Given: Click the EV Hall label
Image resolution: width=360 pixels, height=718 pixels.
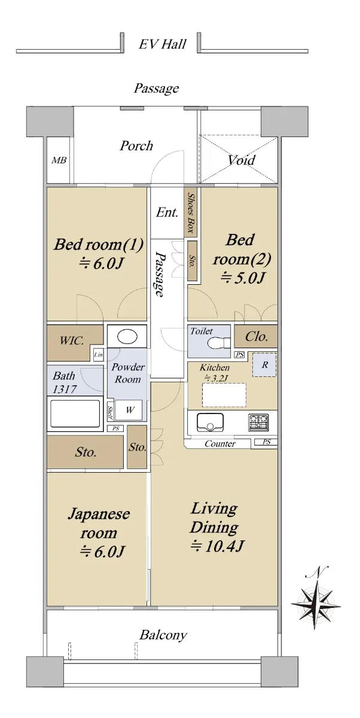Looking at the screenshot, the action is click(x=163, y=44).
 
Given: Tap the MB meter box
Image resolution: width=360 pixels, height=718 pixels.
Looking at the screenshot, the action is click(x=59, y=160).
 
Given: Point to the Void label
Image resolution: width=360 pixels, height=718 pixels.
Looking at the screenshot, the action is click(x=241, y=159).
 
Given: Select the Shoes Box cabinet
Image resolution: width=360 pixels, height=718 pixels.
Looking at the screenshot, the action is click(x=190, y=212).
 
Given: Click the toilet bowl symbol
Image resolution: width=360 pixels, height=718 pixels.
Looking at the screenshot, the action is click(x=219, y=343).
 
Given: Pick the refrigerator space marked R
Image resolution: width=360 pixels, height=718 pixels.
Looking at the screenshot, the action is click(x=264, y=365).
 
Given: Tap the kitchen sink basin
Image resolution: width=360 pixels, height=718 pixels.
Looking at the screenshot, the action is click(x=210, y=423).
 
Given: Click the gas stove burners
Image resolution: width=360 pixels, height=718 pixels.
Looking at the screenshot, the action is click(x=258, y=422).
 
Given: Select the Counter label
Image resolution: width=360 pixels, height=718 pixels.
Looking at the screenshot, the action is click(x=219, y=443).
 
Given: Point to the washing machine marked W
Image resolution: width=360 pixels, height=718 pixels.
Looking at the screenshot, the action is click(x=129, y=410).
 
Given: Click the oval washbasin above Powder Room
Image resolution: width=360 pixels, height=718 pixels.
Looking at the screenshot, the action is click(x=127, y=336).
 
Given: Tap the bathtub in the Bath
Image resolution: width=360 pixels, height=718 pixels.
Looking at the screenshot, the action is click(x=75, y=413).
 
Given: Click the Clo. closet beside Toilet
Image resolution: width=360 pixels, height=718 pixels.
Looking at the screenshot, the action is click(x=256, y=336).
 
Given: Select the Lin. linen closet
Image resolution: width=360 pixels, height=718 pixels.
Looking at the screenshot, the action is click(x=98, y=354).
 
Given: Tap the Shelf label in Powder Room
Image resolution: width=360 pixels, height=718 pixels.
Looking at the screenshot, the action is click(x=110, y=412).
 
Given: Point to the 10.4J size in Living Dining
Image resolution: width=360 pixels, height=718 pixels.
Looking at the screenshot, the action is click(x=218, y=546).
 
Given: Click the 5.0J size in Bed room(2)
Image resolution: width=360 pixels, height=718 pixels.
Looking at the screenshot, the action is click(x=243, y=278).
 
